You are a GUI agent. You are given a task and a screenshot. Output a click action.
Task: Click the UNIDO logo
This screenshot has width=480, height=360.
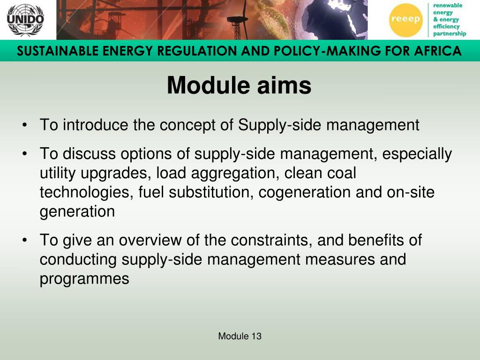[25, 20]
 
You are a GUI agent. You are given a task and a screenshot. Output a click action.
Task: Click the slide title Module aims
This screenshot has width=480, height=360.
[239, 86]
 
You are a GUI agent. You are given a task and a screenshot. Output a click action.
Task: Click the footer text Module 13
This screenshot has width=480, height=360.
[240, 336]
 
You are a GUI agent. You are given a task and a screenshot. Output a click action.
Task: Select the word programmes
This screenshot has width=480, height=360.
[84, 279]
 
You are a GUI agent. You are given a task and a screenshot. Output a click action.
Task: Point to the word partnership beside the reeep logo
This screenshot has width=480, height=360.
[450, 34]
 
